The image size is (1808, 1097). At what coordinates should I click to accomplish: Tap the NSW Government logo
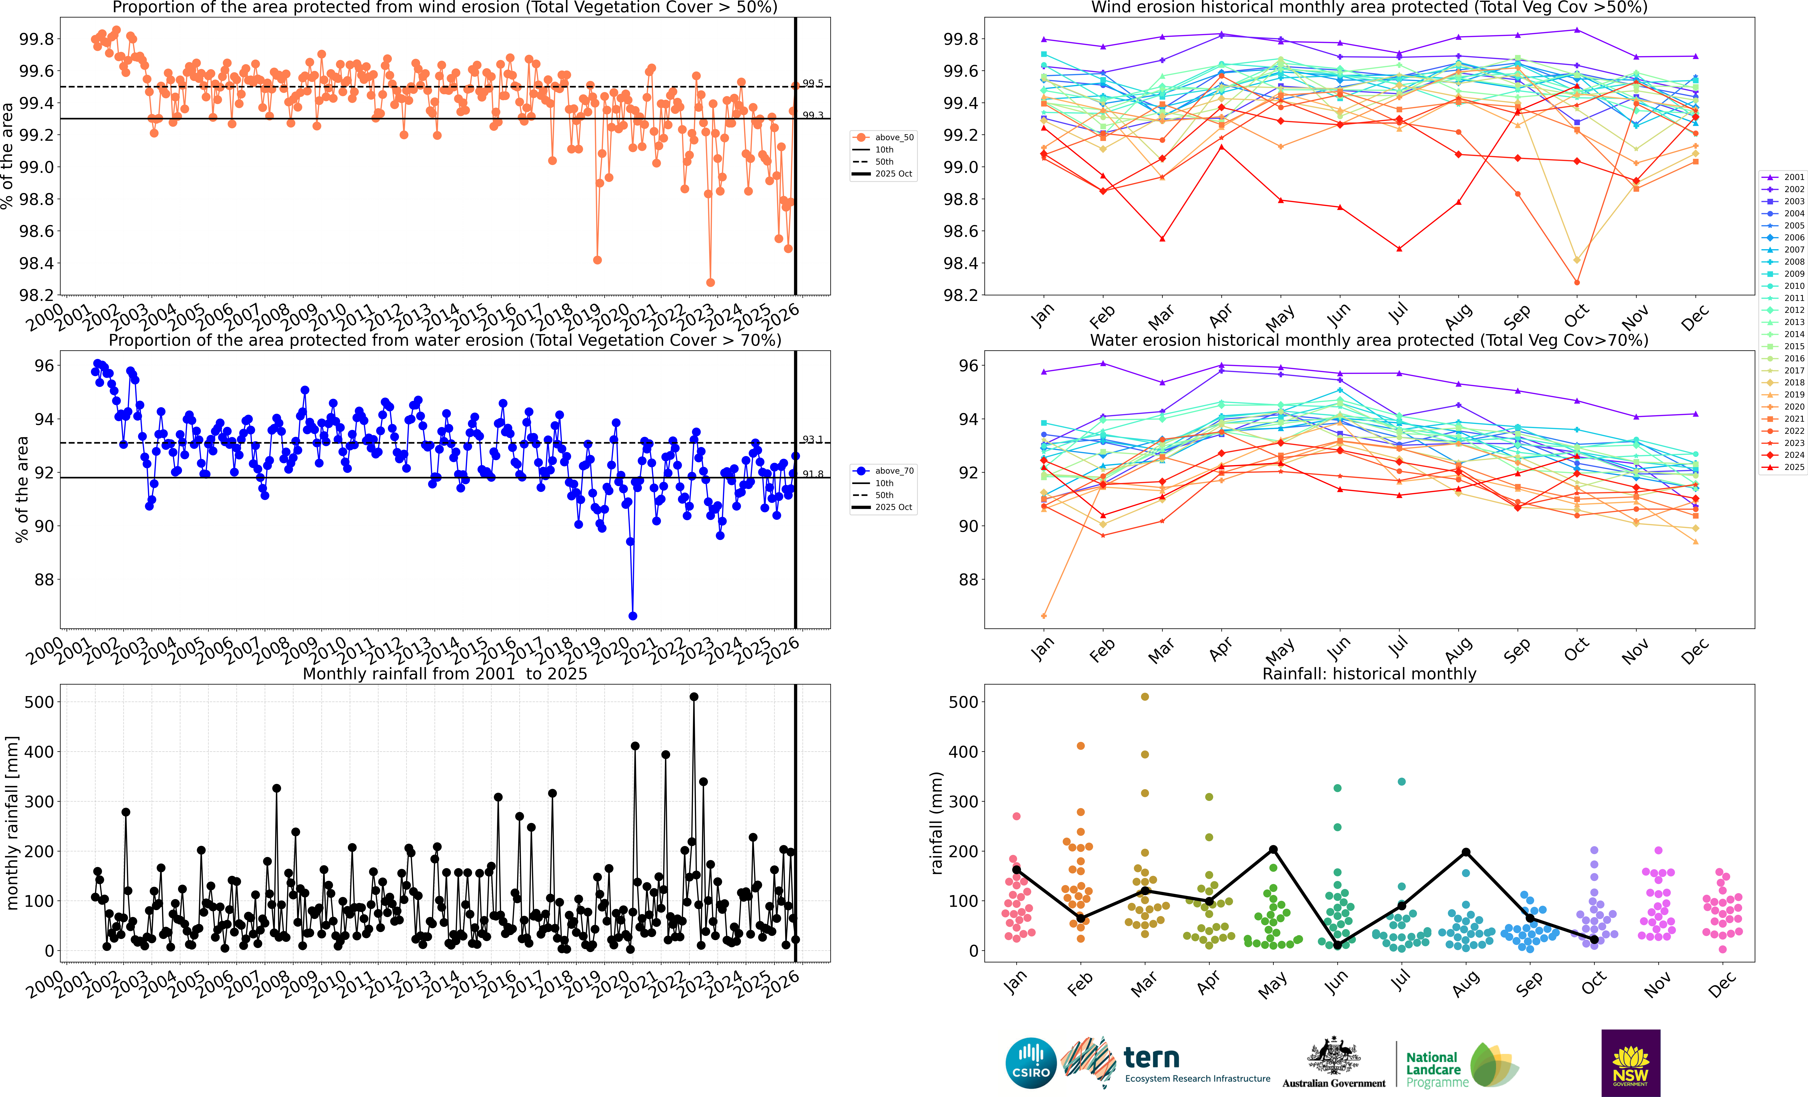(x=1630, y=1063)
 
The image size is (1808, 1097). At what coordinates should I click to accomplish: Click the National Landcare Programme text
(x=1432, y=1069)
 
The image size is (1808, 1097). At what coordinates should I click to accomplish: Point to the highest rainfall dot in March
(x=1145, y=696)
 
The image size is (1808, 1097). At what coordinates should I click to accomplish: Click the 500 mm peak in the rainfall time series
(x=694, y=696)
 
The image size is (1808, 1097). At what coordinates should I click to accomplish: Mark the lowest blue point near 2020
(x=632, y=616)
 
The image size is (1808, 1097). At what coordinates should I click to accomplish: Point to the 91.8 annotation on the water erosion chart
(x=812, y=474)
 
